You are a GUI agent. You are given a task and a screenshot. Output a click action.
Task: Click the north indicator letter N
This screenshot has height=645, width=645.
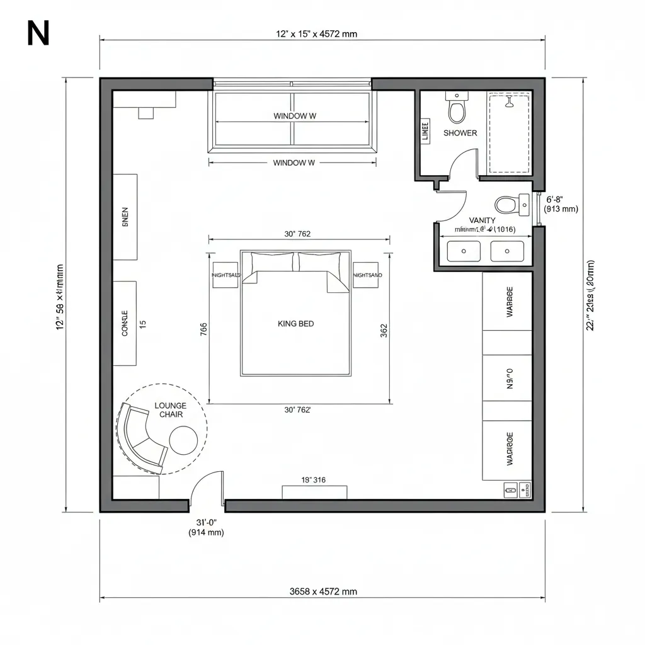click(x=38, y=35)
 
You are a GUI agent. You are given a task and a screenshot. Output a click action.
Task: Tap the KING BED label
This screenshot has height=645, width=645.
click(x=295, y=324)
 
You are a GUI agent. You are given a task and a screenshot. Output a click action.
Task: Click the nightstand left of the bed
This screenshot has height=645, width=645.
click(x=225, y=275)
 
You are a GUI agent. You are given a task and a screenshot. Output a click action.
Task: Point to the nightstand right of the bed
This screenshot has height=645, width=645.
click(x=366, y=275)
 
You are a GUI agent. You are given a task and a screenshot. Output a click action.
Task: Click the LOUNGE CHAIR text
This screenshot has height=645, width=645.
click(x=170, y=410)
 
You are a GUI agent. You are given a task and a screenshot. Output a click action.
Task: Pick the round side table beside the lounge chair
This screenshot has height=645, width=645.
click(x=184, y=440)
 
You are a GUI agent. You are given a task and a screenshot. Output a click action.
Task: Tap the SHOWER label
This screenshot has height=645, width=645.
click(x=460, y=133)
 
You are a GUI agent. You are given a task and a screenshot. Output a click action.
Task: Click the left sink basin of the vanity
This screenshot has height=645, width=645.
click(x=464, y=251)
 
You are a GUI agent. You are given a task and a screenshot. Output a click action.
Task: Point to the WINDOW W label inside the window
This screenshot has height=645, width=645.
click(x=294, y=116)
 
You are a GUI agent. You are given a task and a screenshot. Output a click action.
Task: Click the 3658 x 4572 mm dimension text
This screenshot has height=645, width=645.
click(x=322, y=591)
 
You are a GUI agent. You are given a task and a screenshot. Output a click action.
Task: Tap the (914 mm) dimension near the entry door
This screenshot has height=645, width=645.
click(x=206, y=533)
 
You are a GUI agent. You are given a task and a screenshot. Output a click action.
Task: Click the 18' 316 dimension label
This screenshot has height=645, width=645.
click(x=314, y=480)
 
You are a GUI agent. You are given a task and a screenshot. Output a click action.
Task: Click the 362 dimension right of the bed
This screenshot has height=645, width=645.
click(x=384, y=331)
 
